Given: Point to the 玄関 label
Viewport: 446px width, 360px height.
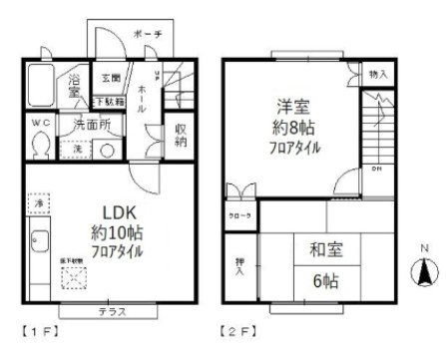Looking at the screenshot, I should pos(109,78).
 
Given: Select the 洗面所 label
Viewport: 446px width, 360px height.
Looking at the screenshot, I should pos(92,125).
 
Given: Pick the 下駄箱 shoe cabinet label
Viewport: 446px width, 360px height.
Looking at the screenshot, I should pos(109,101).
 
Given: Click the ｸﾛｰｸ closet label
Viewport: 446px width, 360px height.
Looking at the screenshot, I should pos(240,213).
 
